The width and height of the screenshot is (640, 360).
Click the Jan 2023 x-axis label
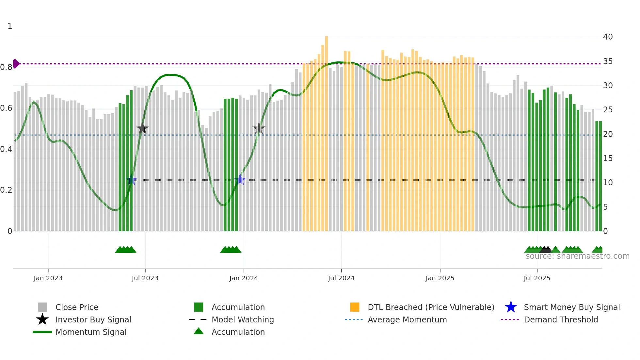pos(48,278)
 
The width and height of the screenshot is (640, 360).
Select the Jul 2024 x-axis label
pos(341,278)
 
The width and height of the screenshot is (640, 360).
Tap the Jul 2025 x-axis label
pos(537,278)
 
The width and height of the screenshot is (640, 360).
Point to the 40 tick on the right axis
pos(608,37)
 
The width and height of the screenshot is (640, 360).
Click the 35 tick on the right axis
pos(608,61)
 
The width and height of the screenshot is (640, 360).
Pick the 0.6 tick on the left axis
pos(6,108)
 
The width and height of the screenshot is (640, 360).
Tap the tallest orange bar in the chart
pos(326,131)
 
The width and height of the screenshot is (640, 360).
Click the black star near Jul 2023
pos(142,128)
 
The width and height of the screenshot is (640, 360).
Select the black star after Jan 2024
pos(259,128)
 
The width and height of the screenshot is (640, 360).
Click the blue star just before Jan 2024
pos(240,180)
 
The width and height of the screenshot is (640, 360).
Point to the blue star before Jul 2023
pos(131,180)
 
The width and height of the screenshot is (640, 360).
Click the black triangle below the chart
pos(545,250)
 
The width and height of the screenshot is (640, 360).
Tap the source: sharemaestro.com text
pos(577,256)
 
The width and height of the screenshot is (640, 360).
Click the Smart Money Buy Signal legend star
pos(511,307)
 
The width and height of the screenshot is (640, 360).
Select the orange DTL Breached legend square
pos(355,307)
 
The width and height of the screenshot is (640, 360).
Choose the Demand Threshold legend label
pos(561,319)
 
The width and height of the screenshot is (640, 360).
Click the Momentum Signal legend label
pos(91,332)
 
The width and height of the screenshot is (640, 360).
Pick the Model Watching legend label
pos(243,319)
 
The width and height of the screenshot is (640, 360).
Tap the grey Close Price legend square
pos(42,307)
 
